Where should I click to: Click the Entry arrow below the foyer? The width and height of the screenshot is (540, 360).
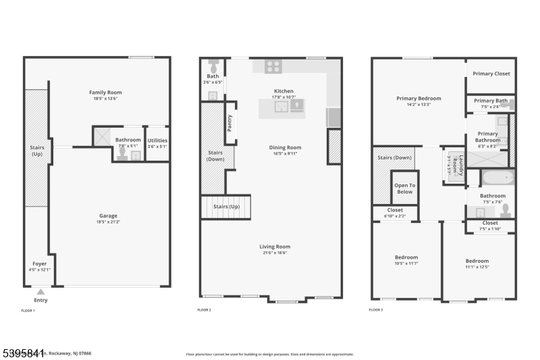[40, 292]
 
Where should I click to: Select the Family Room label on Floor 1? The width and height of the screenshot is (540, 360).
[105, 92]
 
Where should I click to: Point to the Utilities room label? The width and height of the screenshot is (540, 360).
[157, 140]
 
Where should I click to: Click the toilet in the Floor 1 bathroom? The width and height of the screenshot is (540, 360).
[122, 153]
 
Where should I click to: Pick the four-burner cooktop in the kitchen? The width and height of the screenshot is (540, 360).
[273, 66]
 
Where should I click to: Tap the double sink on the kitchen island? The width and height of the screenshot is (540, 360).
[281, 107]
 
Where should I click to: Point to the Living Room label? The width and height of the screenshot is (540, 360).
[275, 247]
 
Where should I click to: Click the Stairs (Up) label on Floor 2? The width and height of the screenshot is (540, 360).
[226, 206]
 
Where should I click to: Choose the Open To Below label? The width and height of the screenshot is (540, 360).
[404, 188]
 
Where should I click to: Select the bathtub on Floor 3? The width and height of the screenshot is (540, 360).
[498, 178]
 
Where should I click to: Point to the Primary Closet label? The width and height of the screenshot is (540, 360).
[491, 74]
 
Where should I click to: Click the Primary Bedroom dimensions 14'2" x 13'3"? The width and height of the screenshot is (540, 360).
[418, 105]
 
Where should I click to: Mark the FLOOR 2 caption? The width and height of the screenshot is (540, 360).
[204, 310]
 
